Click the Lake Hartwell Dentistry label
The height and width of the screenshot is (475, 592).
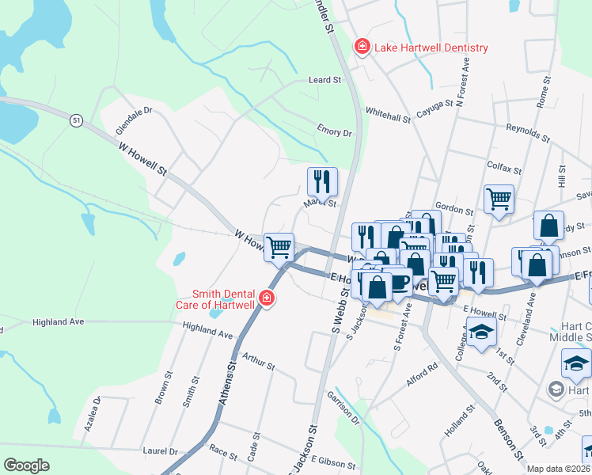coord(432,47)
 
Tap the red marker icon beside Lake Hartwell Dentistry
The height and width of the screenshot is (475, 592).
coord(362,47)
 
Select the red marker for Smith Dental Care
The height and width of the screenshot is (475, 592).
coord(268,298)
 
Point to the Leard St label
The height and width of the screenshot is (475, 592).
coord(324,80)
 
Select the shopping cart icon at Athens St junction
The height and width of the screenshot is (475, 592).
coord(279,247)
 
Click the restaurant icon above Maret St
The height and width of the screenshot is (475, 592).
coord(322,181)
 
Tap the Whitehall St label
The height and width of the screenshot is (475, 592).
coord(388,115)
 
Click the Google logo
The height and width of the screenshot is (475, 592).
coord(26,465)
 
